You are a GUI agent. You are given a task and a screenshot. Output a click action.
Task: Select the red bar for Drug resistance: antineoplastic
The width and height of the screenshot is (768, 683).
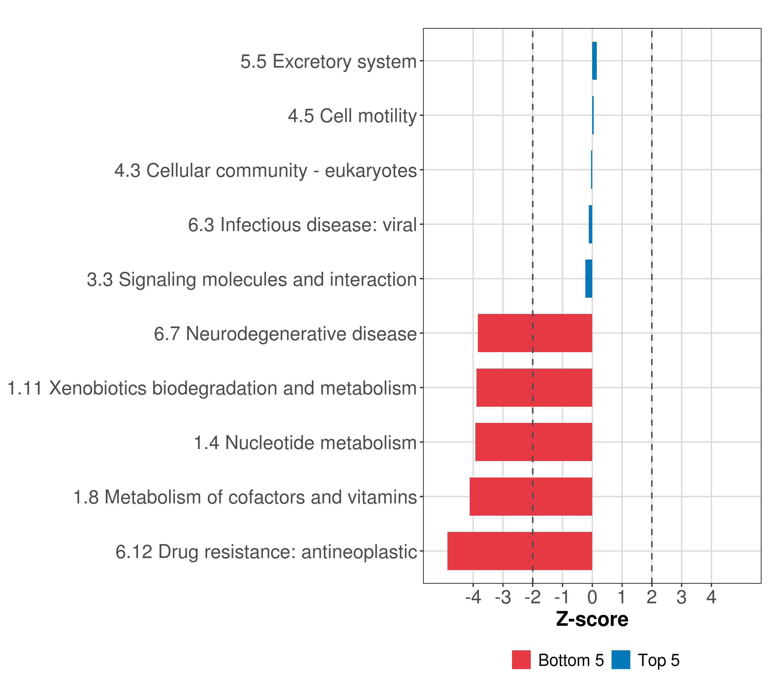click(x=520, y=551)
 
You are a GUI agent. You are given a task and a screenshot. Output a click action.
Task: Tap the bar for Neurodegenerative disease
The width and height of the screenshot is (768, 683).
click(x=535, y=333)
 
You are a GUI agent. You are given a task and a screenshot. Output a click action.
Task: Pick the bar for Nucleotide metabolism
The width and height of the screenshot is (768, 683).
click(x=534, y=442)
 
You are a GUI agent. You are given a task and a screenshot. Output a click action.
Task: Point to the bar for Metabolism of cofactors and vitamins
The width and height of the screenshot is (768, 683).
click(x=530, y=496)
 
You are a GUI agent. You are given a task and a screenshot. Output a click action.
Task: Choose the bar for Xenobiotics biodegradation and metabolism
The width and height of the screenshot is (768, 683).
click(x=534, y=388)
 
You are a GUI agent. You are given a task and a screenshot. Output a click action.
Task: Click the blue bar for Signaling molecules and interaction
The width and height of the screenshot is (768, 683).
click(x=589, y=279)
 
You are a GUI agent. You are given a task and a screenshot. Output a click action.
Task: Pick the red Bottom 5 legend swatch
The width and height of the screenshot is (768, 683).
click(x=521, y=660)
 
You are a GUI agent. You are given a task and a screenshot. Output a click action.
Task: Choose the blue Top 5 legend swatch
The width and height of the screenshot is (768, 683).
click(x=621, y=660)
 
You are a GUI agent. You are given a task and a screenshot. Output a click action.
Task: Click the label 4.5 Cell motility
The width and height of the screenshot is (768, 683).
click(x=352, y=116)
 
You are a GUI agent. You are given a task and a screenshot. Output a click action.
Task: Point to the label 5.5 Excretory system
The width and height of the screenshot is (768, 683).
click(x=329, y=61)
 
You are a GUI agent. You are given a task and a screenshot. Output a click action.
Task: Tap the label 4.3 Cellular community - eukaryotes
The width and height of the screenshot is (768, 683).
click(x=266, y=170)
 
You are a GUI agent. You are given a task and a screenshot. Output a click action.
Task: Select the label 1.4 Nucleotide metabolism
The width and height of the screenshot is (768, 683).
click(x=305, y=443)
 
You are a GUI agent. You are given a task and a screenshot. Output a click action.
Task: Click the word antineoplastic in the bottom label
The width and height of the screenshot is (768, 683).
click(x=359, y=552)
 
